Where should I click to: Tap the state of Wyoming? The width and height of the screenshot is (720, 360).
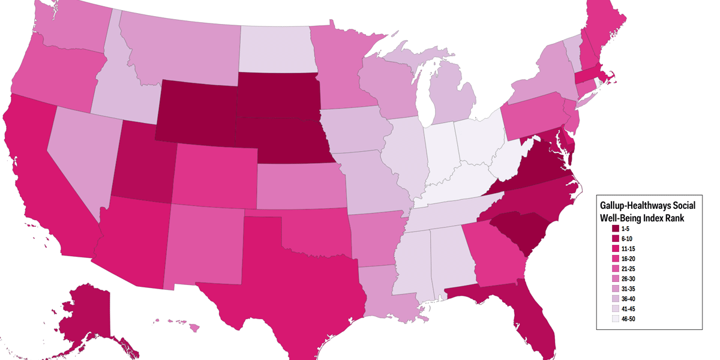point(198,108)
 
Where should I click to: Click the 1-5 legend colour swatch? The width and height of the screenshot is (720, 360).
point(615,228)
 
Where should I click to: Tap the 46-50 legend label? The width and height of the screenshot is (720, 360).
point(629,319)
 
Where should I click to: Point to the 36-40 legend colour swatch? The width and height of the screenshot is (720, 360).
point(615,298)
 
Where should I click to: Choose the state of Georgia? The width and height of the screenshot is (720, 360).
point(495,255)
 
